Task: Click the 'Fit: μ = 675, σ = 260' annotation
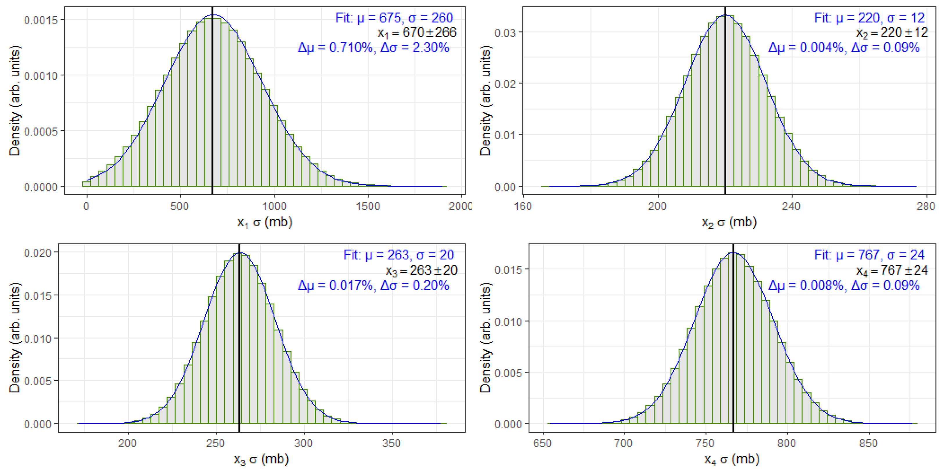point(394,17)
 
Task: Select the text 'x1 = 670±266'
point(417,33)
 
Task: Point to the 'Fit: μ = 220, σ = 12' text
point(869,17)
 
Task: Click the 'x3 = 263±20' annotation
point(421,270)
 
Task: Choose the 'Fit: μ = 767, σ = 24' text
point(869,254)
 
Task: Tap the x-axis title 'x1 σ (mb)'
point(265,222)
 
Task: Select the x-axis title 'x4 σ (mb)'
point(731,459)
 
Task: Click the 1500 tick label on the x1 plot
point(368,206)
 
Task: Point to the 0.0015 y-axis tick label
point(41,20)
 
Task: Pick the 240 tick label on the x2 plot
point(791,206)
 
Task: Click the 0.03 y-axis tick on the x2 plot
point(505,33)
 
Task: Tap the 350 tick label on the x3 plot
point(391,443)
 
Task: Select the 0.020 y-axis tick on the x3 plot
point(37,253)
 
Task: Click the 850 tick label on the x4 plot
point(868,443)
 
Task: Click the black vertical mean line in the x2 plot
point(725,109)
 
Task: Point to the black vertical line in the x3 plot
point(239,346)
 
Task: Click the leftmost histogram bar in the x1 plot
point(87,184)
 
